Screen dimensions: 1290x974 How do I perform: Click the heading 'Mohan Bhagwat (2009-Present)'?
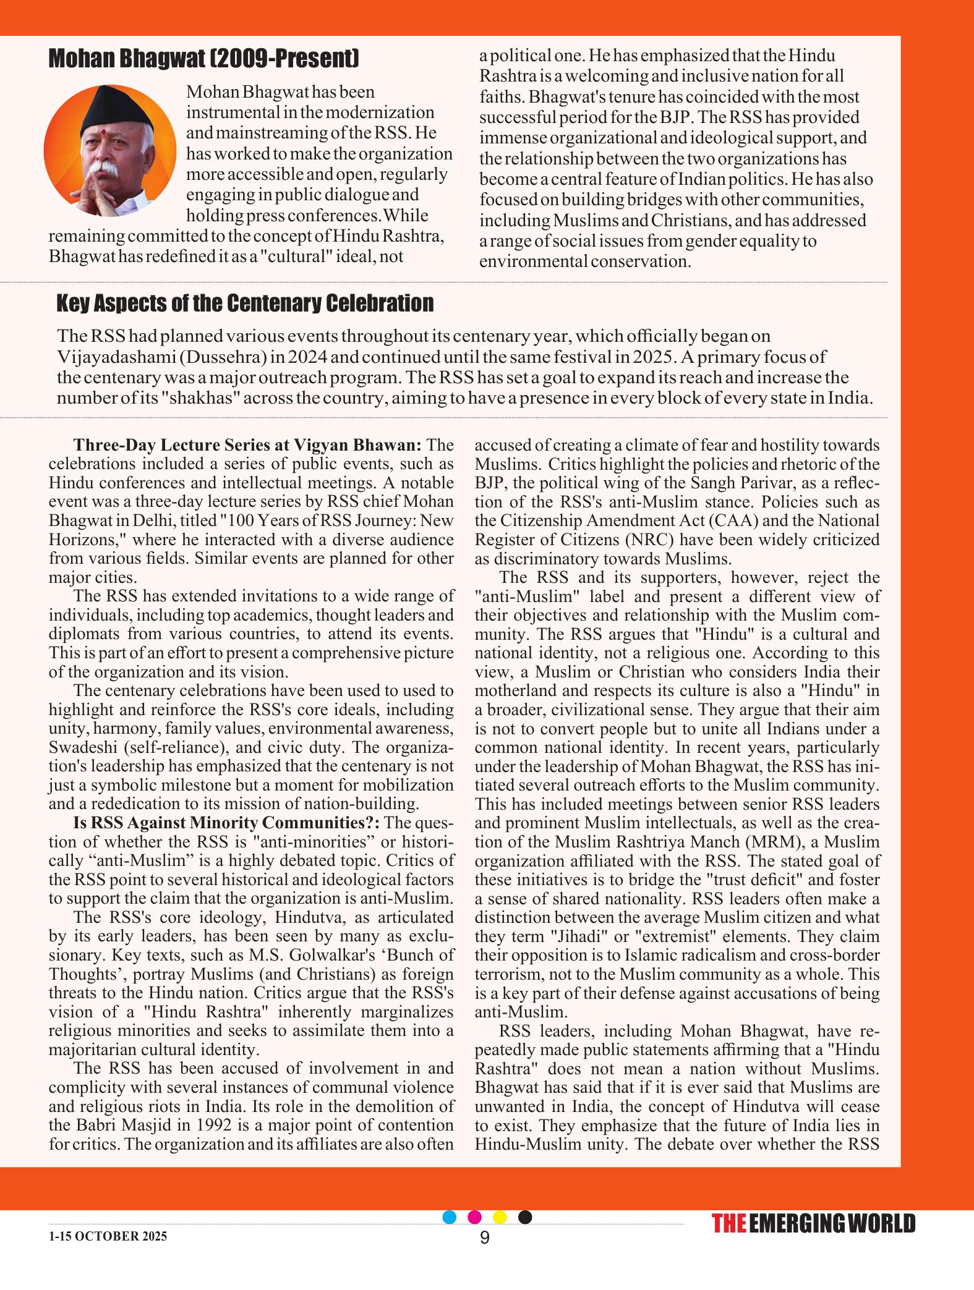(x=203, y=59)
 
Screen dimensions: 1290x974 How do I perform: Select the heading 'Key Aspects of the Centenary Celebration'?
(x=245, y=303)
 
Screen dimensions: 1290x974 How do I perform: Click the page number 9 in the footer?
(x=484, y=1237)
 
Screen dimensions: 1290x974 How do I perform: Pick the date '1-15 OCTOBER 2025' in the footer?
(x=108, y=1237)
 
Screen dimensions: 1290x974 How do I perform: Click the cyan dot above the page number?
(x=450, y=1217)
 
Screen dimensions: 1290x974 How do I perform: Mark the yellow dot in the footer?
(x=500, y=1217)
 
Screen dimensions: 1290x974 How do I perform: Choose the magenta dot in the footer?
(x=475, y=1217)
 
